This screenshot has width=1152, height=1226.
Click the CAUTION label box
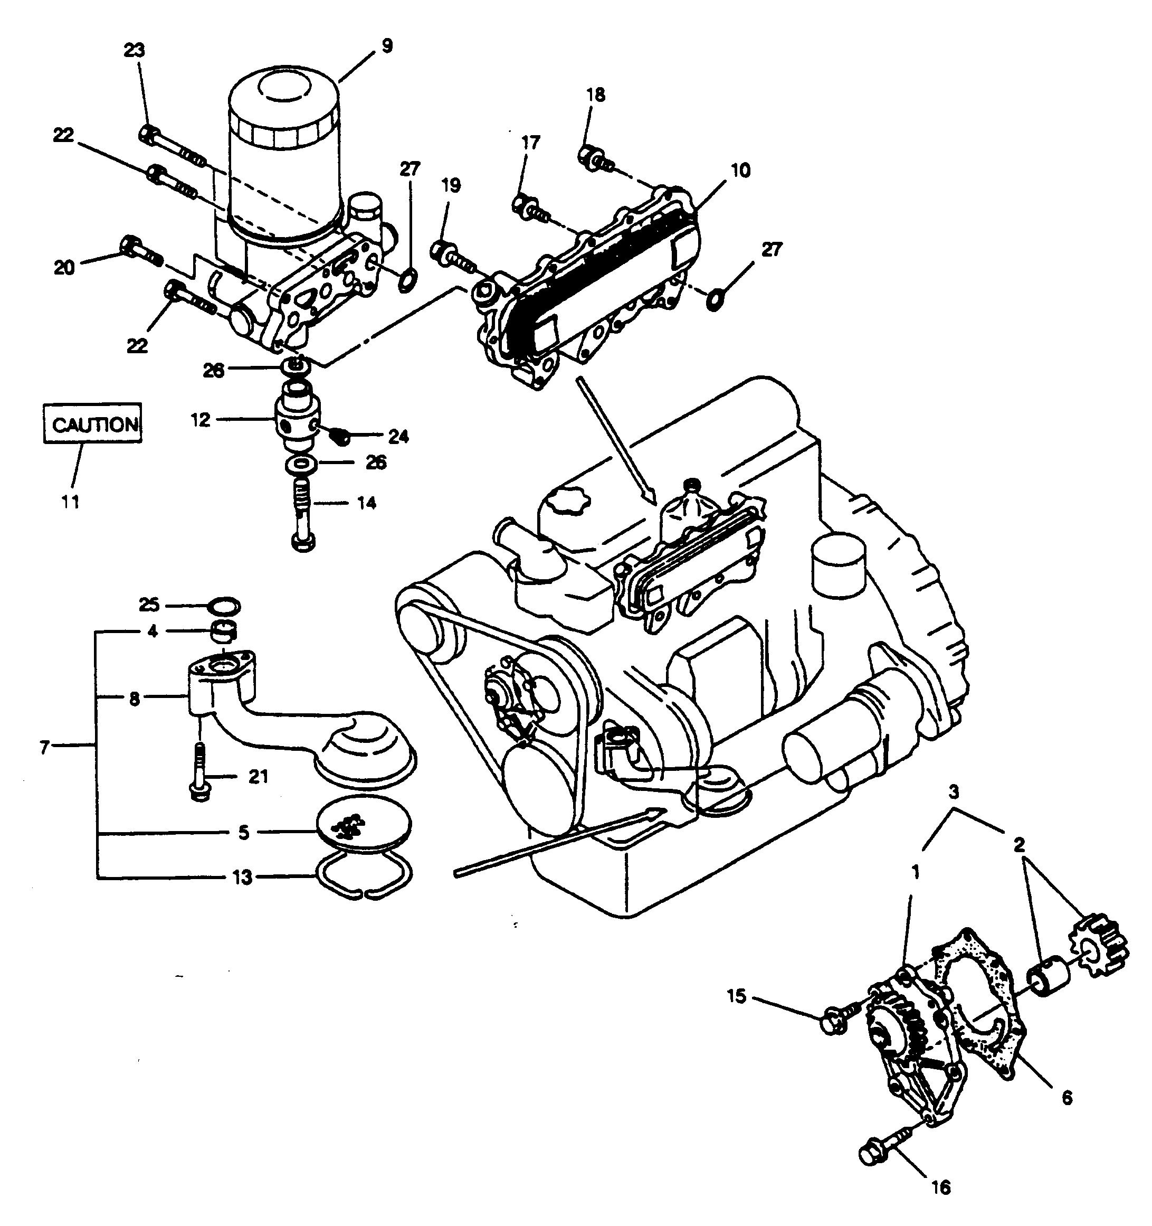[x=92, y=422]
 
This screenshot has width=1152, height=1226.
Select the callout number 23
[x=135, y=50]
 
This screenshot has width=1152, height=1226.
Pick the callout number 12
[x=202, y=420]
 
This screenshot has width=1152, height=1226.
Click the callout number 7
[x=44, y=748]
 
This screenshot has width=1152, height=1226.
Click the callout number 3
[x=953, y=793]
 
